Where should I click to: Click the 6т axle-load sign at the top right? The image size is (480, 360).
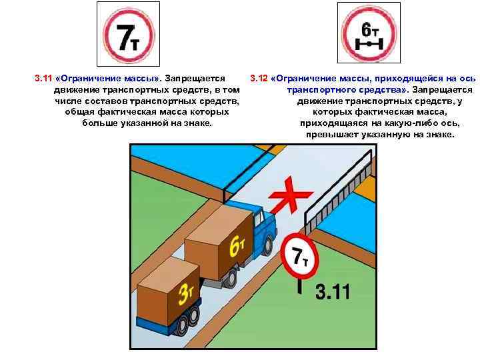369,33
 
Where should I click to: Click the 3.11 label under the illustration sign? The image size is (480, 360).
332,292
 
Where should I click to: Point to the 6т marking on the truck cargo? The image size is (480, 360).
237,245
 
